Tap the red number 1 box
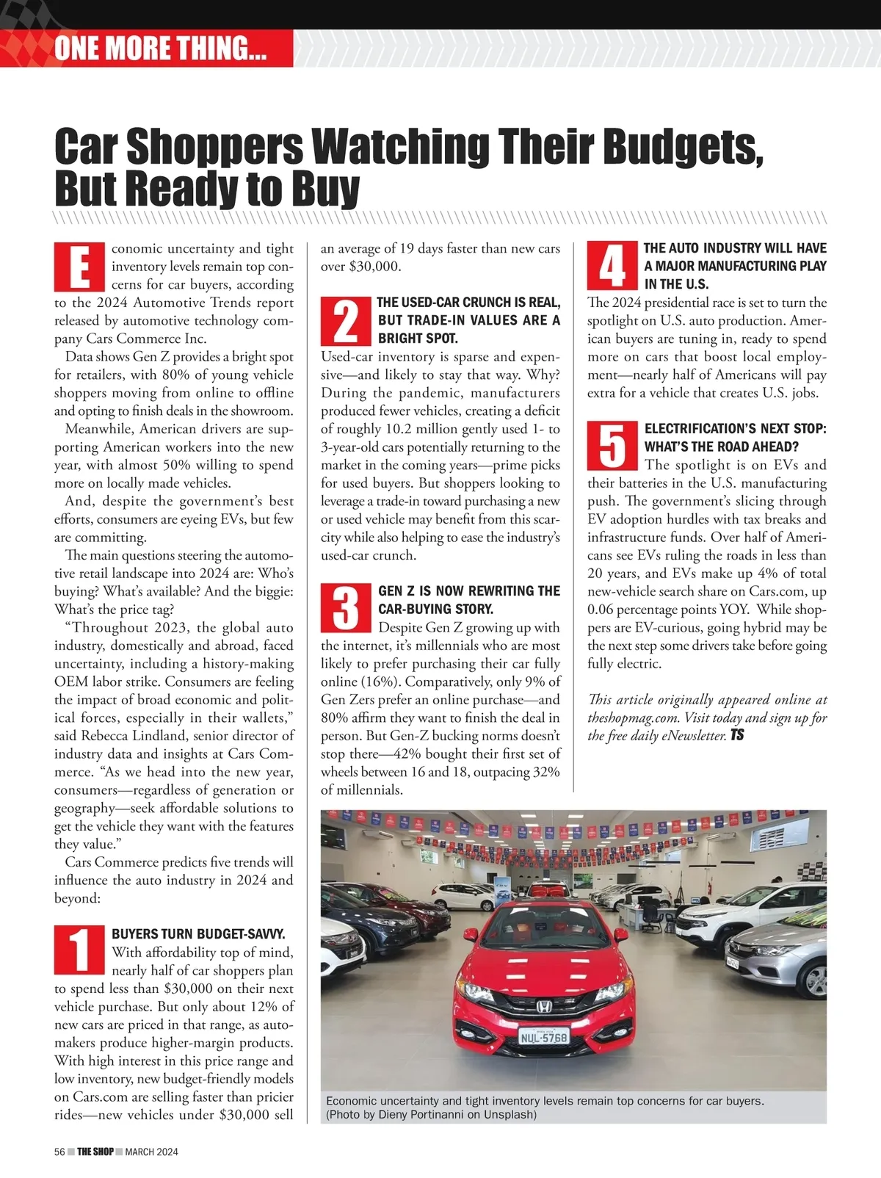tap(79, 950)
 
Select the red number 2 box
tap(346, 320)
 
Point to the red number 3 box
tap(346, 609)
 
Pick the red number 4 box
tap(612, 266)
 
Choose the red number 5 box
tap(612, 447)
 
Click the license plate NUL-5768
tap(543, 1037)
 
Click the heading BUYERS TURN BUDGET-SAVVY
tap(198, 934)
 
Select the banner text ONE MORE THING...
tap(160, 48)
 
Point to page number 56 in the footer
tap(60, 1152)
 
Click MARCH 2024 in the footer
tap(151, 1152)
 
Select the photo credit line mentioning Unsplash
tap(431, 1115)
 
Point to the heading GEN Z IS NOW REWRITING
tap(468, 591)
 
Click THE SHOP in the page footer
tap(95, 1152)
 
